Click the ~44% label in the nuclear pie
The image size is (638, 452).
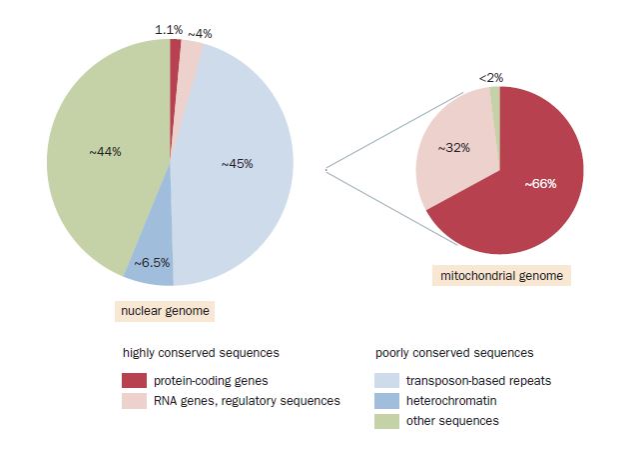point(105,152)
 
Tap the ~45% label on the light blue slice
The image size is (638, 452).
point(237,163)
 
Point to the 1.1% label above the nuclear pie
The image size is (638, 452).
point(168,30)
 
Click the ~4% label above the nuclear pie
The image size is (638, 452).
point(201,33)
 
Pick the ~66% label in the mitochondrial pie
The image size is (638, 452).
point(539,183)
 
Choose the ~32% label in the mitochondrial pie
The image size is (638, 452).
point(454,147)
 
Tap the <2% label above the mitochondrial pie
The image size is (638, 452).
point(490,77)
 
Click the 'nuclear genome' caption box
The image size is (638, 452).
point(165,311)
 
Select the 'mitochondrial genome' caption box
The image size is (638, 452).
point(501,275)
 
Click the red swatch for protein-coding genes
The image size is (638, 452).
point(134,381)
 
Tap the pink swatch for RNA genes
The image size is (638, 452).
point(134,400)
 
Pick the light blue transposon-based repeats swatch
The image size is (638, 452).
point(386,381)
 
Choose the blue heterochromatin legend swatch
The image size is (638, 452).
point(386,401)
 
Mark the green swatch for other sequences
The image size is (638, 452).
point(386,421)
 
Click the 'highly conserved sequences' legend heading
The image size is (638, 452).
point(200,353)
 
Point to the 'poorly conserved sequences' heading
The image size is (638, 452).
point(453,353)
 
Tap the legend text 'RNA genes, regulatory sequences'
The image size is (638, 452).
point(246,401)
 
